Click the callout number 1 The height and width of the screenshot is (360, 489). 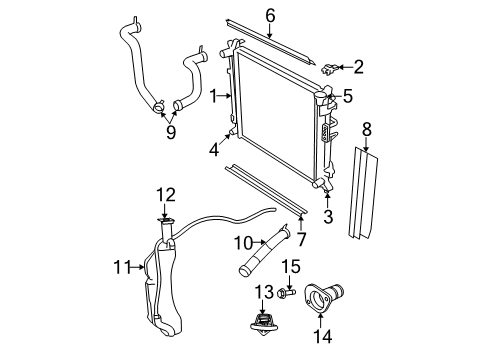coord(213,95)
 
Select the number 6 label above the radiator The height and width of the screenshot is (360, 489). coord(269,15)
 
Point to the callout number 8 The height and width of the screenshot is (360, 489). coord(366,129)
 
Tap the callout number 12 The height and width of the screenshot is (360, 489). coord(166,194)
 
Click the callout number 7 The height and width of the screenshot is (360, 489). coord(303,239)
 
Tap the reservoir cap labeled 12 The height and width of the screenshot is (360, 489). coord(166,220)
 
